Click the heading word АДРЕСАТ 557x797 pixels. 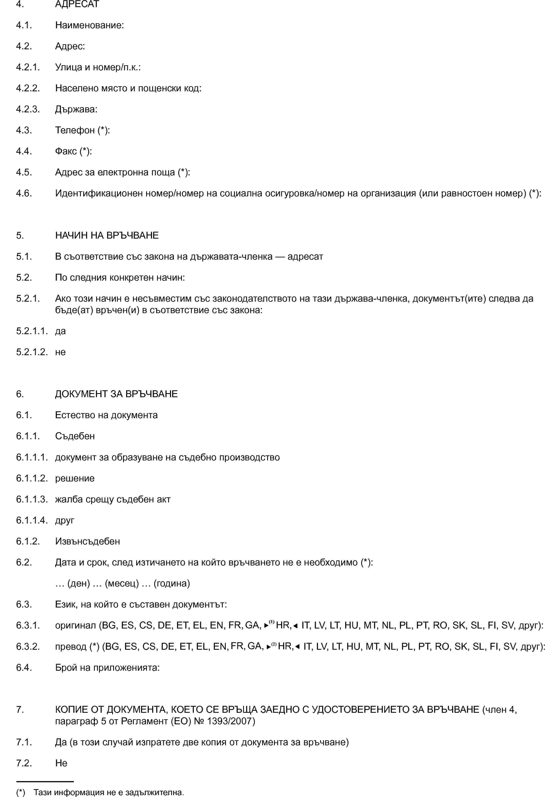77,4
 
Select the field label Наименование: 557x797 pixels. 89,25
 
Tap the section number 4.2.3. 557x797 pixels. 28,109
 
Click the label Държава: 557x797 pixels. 76,109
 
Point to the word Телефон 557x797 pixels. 75,130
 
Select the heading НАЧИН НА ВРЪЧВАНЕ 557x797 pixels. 107,235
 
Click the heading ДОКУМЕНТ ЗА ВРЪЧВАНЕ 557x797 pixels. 116,394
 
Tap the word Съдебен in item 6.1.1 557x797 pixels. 75,436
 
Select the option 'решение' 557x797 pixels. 75,478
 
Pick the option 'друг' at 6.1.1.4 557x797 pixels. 65,520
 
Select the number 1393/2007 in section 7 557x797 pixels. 231,721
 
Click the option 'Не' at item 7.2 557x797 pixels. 61,763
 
